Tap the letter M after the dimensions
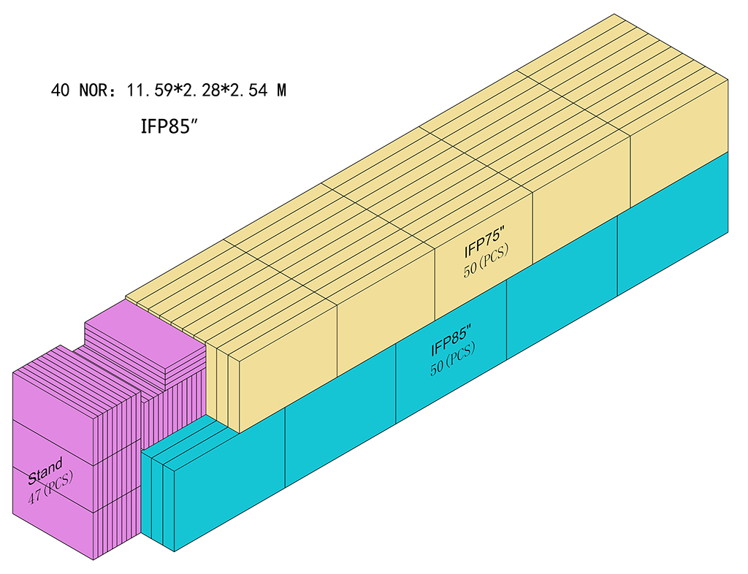click(281, 90)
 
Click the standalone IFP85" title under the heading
click(169, 126)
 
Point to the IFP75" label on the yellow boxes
click(484, 243)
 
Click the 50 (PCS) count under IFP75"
click(486, 260)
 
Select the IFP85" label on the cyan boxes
click(451, 340)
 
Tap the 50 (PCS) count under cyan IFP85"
click(452, 359)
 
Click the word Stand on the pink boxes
click(45, 470)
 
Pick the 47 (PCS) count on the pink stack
click(50, 487)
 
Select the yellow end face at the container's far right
click(679, 143)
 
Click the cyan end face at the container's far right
click(673, 224)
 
